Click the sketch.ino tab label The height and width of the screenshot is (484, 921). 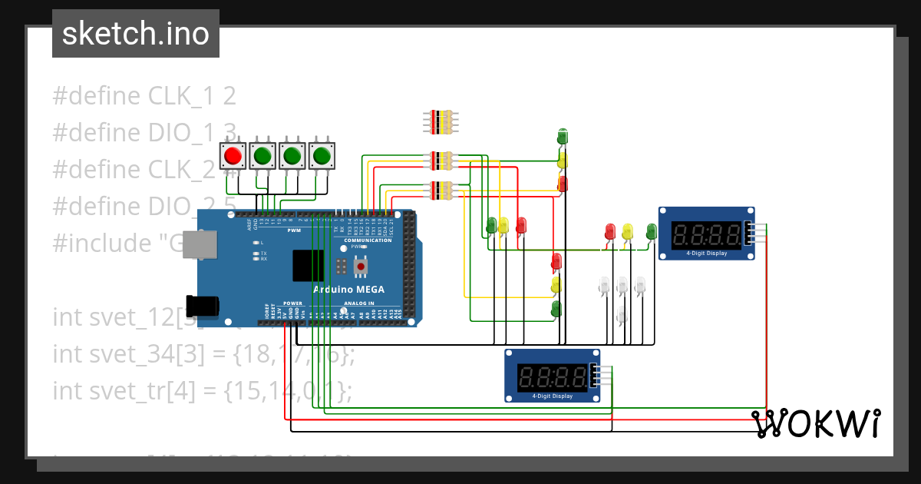(x=135, y=34)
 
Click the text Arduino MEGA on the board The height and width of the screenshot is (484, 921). (x=348, y=290)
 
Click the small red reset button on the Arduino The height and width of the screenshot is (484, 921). (x=359, y=267)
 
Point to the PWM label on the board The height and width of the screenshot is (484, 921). (x=294, y=230)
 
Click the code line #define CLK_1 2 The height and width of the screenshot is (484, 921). (x=144, y=96)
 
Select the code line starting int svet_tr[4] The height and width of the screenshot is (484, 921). (x=202, y=390)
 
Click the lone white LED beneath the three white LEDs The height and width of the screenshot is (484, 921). (x=622, y=314)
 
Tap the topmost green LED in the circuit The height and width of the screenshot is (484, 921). (x=562, y=137)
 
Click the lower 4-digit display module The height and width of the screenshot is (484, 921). (x=552, y=376)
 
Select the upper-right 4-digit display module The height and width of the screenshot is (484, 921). (x=706, y=233)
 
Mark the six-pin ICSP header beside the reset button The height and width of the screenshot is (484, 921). (x=341, y=267)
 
